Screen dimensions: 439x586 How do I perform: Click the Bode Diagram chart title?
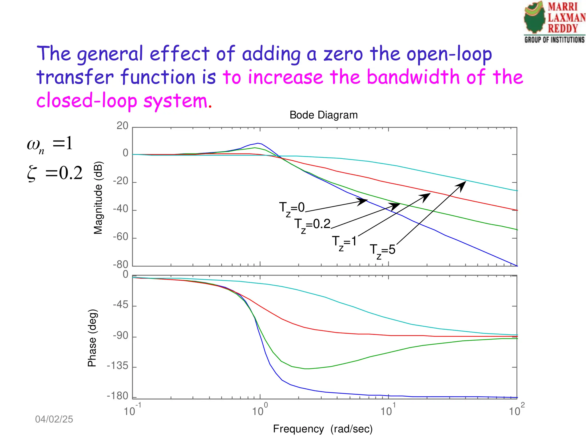pyautogui.click(x=324, y=115)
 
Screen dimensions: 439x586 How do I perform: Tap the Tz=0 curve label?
pyautogui.click(x=292, y=208)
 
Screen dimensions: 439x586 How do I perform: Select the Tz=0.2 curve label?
pyautogui.click(x=312, y=225)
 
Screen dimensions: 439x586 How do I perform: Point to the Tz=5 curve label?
pyautogui.click(x=382, y=251)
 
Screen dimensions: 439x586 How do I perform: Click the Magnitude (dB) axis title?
pyautogui.click(x=98, y=198)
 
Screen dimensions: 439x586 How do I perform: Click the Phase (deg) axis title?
pyautogui.click(x=92, y=338)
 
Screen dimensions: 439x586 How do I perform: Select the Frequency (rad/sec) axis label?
pyautogui.click(x=323, y=429)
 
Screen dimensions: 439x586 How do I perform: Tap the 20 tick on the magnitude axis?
pyautogui.click(x=122, y=126)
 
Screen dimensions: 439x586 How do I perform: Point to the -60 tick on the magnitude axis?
pyautogui.click(x=121, y=237)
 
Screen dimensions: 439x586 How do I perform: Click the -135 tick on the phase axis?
pyautogui.click(x=118, y=366)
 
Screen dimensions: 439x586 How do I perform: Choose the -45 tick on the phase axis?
pyautogui.click(x=120, y=305)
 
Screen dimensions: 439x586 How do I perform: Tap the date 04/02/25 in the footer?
pyautogui.click(x=54, y=419)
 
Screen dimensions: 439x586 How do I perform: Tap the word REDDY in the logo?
pyautogui.click(x=563, y=28)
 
